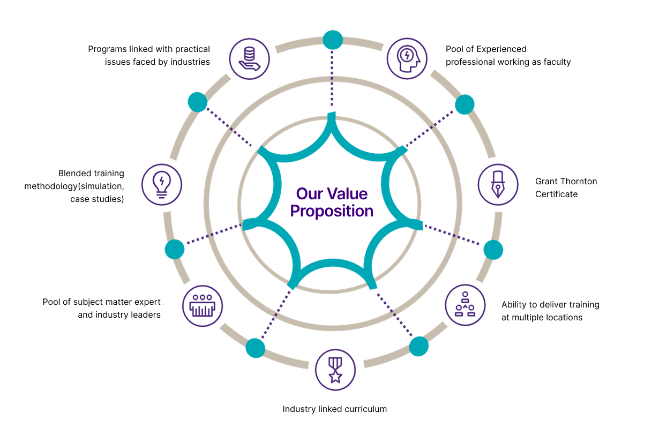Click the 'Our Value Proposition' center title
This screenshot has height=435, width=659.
point(332,202)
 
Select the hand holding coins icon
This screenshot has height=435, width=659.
point(249,59)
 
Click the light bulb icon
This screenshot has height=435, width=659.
point(162,184)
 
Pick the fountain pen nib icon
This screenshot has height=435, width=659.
point(498,184)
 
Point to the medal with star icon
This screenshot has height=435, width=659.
point(335,370)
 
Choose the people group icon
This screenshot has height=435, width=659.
point(202,306)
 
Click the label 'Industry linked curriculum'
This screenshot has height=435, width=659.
point(334,409)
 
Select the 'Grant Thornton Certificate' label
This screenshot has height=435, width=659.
point(566,187)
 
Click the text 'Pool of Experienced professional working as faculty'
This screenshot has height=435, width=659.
point(508,56)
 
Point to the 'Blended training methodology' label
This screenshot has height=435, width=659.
point(74,186)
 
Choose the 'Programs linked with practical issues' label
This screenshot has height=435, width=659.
point(149,56)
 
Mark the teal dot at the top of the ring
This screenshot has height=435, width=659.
point(333,39)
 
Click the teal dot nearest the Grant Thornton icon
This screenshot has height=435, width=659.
point(493,250)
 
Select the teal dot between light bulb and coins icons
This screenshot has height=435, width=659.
point(198,102)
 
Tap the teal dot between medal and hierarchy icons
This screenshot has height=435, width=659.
point(418,347)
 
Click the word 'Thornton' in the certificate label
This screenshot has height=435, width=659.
point(578,182)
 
